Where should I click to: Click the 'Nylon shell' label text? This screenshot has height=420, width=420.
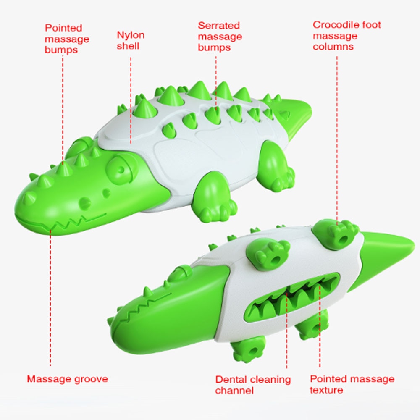(130, 40)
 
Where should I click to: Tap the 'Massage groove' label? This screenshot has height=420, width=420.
(67, 379)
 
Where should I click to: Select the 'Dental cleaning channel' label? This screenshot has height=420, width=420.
(252, 385)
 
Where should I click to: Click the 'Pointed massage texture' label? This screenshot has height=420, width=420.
(352, 384)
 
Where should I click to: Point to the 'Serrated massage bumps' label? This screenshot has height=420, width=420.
(220, 37)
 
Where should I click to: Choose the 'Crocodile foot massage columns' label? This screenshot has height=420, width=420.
(346, 36)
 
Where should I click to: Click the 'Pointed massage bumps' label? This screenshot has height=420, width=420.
(67, 39)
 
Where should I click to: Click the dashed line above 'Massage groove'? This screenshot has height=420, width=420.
(50, 302)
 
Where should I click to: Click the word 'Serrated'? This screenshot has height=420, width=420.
(218, 26)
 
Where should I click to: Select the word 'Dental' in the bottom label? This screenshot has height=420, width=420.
(231, 379)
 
